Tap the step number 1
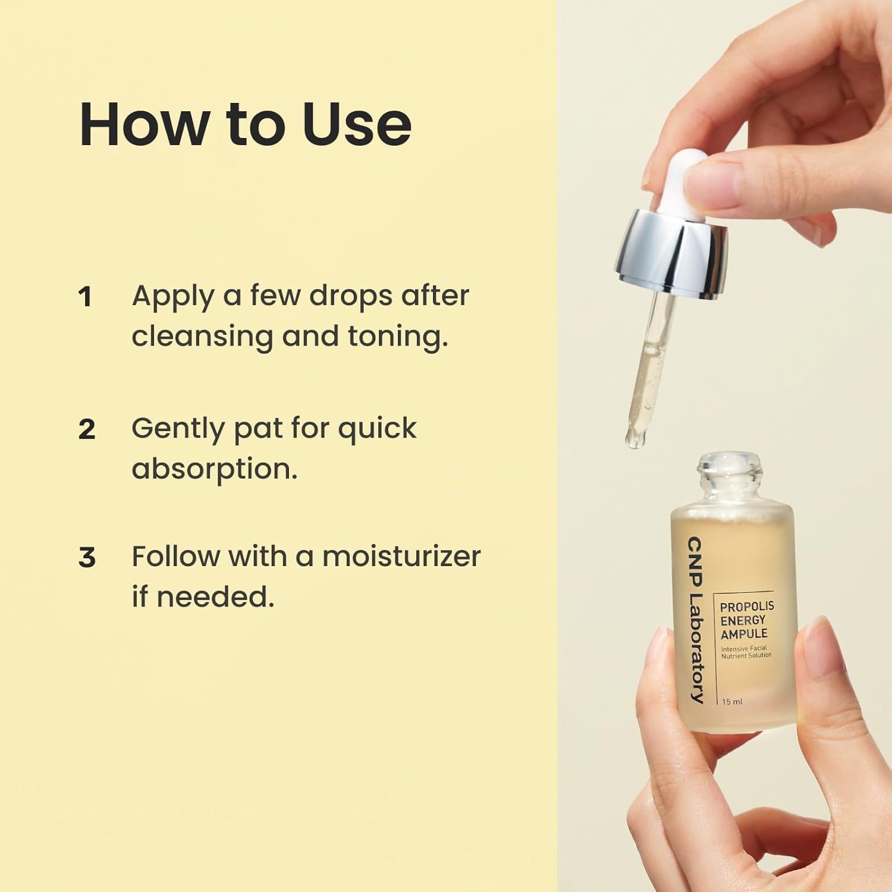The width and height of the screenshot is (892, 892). click(86, 297)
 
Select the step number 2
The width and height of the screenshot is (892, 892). click(87, 429)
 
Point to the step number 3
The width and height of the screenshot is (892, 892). click(87, 558)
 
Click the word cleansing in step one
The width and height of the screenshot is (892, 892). click(202, 338)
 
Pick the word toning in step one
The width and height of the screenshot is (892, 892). click(398, 338)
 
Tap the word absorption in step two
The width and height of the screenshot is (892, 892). click(215, 469)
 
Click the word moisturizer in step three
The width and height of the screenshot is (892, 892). click(401, 557)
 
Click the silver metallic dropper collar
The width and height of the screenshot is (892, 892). click(671, 254)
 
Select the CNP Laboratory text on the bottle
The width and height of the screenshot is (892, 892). click(695, 620)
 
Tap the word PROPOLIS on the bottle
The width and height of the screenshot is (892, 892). click(747, 607)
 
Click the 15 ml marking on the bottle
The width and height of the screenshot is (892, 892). click(732, 702)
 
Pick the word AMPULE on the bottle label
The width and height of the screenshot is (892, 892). click(744, 634)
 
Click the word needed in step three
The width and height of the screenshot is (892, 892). click(215, 597)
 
